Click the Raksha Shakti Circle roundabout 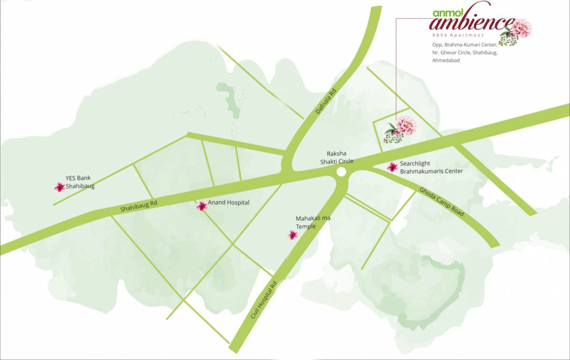pyautogui.click(x=341, y=172)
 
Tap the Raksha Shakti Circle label pyautogui.click(x=336, y=157)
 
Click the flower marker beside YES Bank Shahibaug pyautogui.click(x=59, y=187)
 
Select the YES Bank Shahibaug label pyautogui.click(x=78, y=182)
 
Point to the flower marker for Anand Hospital pyautogui.click(x=202, y=206)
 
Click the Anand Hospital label pyautogui.click(x=229, y=202)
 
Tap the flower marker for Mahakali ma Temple pyautogui.click(x=293, y=235)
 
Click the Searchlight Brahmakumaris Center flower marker pyautogui.click(x=392, y=167)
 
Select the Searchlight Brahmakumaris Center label pyautogui.click(x=431, y=167)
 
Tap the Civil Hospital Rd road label pyautogui.click(x=264, y=300)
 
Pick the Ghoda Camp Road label pyautogui.click(x=442, y=202)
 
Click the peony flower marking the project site pyautogui.click(x=406, y=126)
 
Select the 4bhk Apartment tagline pyautogui.click(x=458, y=35)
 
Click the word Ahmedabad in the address pyautogui.click(x=446, y=60)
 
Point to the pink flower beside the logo pyautogui.click(x=520, y=28)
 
